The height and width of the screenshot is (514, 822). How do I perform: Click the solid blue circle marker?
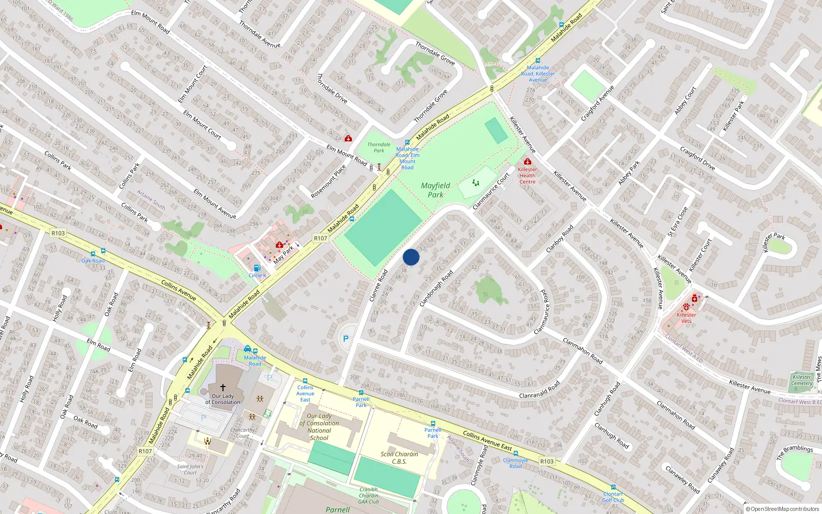(411, 257)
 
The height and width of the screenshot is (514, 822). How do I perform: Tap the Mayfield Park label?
(435, 190)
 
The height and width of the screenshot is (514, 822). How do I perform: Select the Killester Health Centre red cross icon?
(527, 162)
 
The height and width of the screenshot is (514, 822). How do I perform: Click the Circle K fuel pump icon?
(257, 268)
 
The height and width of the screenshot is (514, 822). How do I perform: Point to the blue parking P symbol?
(346, 339)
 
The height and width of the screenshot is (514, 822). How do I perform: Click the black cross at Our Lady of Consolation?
(222, 387)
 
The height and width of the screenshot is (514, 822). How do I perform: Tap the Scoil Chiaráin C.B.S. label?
(399, 457)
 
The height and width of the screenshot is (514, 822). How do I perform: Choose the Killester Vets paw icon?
(686, 307)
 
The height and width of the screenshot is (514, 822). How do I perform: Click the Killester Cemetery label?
(801, 380)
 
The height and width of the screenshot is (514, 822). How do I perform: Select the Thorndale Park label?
(379, 148)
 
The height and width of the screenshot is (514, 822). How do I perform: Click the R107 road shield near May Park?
(320, 238)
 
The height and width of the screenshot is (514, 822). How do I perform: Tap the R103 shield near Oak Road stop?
(58, 233)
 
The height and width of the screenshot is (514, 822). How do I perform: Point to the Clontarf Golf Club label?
(613, 497)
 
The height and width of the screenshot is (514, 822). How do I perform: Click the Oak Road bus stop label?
(93, 261)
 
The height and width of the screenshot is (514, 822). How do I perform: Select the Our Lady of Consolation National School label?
(319, 427)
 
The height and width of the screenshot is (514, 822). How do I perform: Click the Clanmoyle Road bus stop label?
(515, 463)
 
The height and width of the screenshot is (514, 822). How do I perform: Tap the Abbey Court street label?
(685, 100)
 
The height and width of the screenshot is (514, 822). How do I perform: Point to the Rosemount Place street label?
(328, 181)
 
